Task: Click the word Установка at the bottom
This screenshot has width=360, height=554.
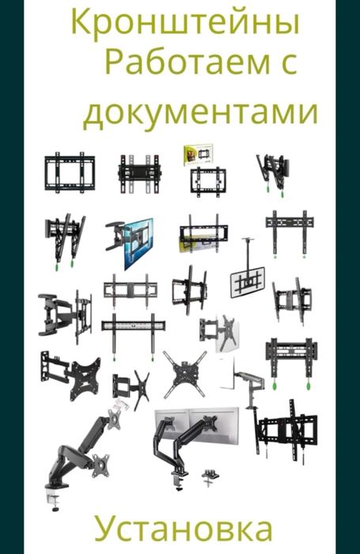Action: pos(184,528)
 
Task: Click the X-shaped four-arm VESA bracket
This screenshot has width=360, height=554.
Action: pos(184,373)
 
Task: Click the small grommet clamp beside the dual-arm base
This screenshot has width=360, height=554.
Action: pos(210,476)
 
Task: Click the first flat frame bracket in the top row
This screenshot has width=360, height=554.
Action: pos(70,170)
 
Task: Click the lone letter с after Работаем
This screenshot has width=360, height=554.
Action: pos(286,66)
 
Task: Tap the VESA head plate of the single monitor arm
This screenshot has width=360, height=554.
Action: pos(101,464)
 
